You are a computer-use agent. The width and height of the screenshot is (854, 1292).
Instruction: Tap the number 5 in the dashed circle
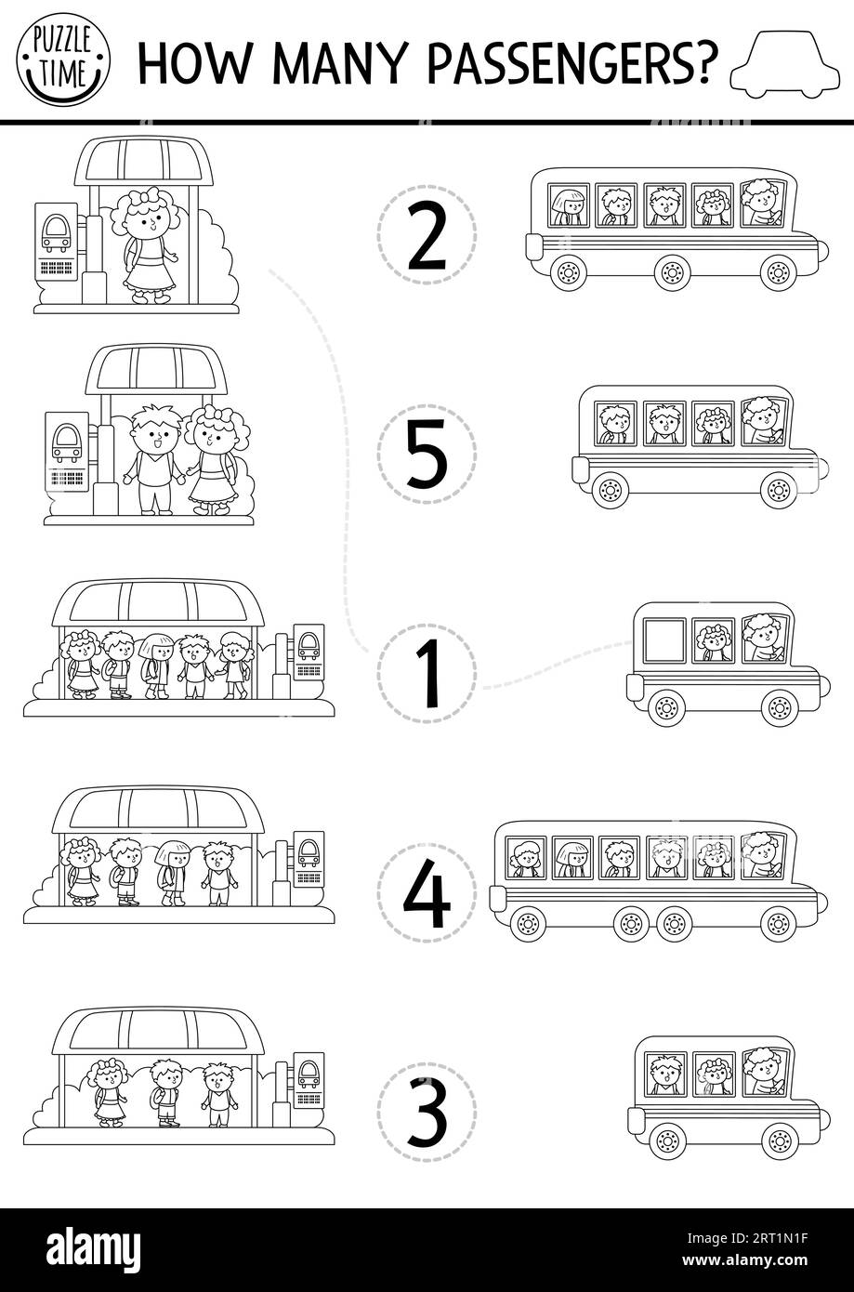tap(427, 454)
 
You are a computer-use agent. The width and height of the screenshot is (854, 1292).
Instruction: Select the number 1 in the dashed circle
tap(427, 673)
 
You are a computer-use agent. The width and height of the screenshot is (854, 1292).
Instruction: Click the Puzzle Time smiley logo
tap(63, 59)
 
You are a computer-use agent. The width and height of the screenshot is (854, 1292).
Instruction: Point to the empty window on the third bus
tap(664, 639)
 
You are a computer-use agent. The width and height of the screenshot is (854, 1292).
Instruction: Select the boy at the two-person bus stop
tap(153, 459)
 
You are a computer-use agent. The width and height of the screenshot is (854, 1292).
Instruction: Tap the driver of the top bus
tap(763, 204)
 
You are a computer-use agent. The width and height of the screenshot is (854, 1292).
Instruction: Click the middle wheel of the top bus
tap(672, 272)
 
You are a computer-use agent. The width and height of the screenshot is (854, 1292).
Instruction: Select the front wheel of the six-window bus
tap(778, 924)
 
